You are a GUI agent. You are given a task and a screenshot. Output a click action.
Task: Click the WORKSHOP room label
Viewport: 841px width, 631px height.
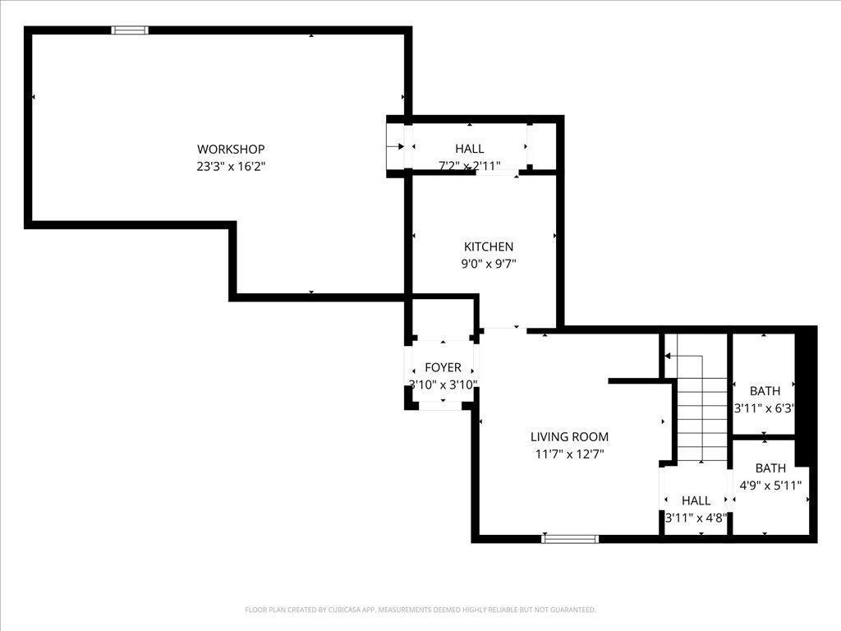(231, 149)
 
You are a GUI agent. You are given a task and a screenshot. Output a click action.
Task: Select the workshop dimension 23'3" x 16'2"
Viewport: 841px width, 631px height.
(231, 166)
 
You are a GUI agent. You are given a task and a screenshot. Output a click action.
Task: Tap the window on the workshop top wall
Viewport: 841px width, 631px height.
(130, 30)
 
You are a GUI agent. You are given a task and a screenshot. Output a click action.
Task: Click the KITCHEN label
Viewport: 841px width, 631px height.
(489, 246)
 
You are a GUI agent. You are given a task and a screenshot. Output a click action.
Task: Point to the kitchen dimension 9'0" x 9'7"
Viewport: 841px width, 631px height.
(489, 264)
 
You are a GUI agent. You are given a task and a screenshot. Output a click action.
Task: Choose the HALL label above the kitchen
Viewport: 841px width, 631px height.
(470, 149)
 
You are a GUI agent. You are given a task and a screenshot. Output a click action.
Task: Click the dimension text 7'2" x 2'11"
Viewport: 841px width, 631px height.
(470, 166)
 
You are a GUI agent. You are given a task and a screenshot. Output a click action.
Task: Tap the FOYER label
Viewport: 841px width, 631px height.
(443, 367)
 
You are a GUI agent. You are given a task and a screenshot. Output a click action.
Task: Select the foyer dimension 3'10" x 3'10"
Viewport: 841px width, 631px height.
(443, 385)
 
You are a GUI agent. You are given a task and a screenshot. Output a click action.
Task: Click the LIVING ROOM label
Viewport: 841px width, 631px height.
(569, 437)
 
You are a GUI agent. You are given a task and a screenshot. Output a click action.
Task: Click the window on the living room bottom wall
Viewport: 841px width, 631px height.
(569, 539)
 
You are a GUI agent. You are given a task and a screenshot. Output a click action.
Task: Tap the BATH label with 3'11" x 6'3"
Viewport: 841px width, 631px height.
(765, 391)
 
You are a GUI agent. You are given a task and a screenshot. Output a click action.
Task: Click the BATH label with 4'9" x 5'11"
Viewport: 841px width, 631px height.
(770, 468)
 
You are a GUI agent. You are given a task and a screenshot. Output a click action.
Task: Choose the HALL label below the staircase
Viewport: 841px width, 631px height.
(696, 500)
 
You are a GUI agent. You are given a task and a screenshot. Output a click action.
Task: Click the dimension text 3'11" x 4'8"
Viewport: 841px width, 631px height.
(696, 518)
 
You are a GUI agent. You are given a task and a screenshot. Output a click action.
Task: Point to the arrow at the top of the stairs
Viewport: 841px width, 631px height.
(669, 356)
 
